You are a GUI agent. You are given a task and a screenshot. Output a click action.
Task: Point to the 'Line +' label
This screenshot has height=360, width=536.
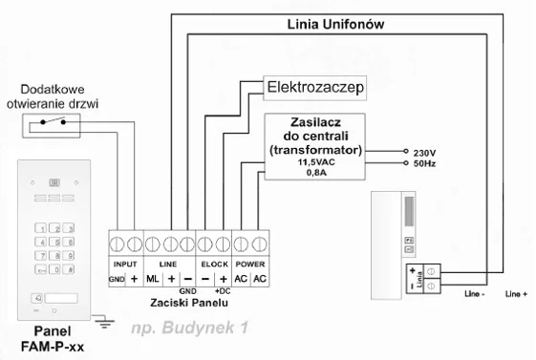click(516, 293)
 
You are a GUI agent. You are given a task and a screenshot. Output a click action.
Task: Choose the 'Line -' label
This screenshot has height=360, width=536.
click(474, 293)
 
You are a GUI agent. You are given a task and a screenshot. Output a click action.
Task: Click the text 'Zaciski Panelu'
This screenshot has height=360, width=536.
click(190, 301)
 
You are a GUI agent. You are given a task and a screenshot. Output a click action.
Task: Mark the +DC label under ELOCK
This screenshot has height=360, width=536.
click(224, 288)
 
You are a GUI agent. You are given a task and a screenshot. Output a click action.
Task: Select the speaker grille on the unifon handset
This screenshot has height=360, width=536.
click(411, 208)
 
